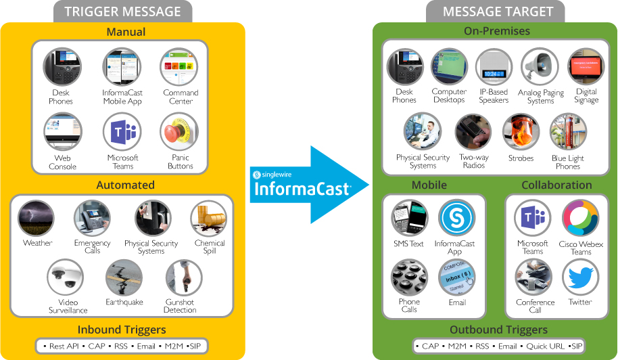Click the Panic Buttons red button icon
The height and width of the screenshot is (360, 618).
[179, 131]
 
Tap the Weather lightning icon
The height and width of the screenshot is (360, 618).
[36, 218]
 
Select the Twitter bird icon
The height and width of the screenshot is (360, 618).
[580, 277]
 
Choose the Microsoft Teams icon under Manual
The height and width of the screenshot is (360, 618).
[122, 131]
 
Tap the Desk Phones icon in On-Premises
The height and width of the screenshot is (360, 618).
[404, 67]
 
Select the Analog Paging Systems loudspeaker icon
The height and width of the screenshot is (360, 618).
[540, 67]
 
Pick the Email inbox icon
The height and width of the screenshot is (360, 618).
[456, 277]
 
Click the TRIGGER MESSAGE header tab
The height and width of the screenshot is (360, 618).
[123, 12]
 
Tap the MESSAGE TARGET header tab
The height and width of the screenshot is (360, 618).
[498, 12]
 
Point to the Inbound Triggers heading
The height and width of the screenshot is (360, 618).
[122, 330]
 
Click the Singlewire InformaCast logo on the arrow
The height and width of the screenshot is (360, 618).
[301, 184]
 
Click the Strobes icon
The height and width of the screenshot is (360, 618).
[521, 131]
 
